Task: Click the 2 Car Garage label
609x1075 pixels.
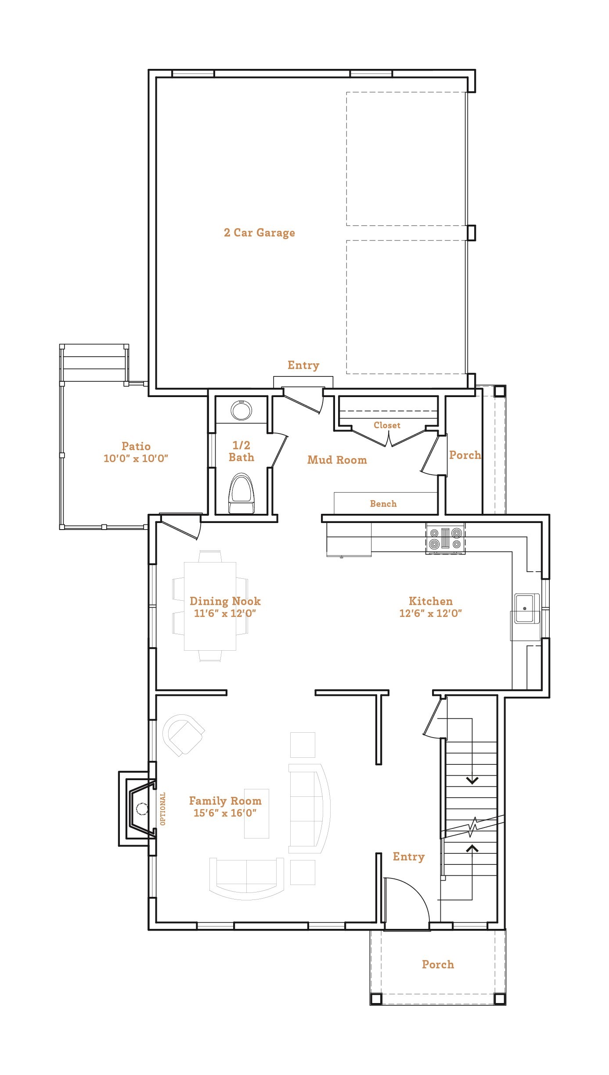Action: point(259,233)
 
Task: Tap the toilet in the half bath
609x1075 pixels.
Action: point(241,494)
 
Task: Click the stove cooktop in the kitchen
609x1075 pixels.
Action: point(445,538)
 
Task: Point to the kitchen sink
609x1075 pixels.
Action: point(525,608)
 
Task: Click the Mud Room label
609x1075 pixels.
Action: point(337,460)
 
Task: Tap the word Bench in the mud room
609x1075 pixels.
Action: point(383,504)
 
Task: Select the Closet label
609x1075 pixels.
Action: point(387,425)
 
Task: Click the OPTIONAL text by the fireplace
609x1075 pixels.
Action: point(163,809)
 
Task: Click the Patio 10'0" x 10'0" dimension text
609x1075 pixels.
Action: point(136,459)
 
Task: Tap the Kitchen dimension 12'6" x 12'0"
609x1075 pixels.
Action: point(430,613)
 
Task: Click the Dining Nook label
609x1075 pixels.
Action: point(225,601)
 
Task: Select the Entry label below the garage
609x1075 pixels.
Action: point(303,365)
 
